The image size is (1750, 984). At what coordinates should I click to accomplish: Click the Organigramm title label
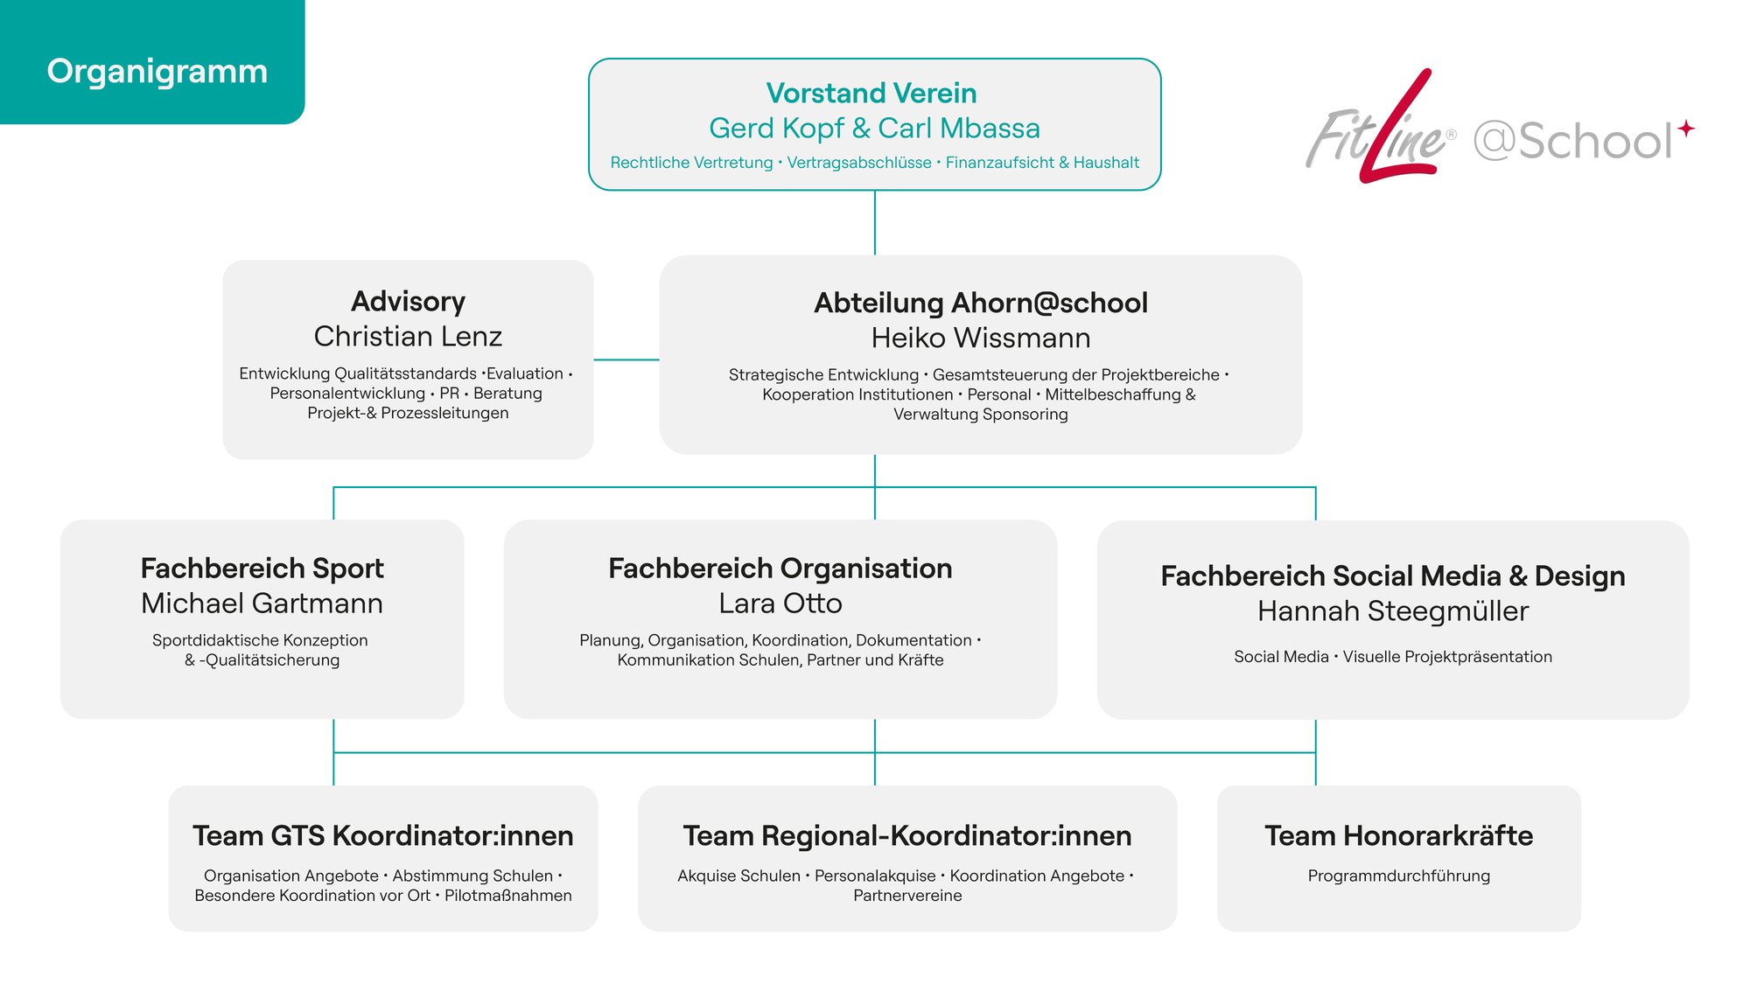click(157, 72)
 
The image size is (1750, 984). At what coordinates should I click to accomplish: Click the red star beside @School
click(1686, 129)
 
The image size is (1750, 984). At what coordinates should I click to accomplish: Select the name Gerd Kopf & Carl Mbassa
click(874, 129)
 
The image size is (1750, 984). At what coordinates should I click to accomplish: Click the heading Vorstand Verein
click(871, 93)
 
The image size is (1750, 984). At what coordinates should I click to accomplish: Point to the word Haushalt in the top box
click(1106, 163)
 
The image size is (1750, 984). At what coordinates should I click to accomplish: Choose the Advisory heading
click(408, 302)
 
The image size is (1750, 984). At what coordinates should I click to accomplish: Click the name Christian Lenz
click(408, 336)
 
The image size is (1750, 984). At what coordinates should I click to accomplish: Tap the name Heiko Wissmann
click(981, 338)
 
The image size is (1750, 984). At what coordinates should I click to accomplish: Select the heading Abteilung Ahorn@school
click(981, 303)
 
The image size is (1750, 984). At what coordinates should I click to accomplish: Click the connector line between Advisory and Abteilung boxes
click(626, 359)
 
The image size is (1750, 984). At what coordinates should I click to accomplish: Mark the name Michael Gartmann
click(262, 604)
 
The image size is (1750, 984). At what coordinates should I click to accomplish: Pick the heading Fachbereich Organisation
click(780, 569)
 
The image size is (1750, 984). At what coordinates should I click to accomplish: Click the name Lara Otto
click(780, 604)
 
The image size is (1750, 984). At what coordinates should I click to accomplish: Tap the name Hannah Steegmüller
click(1393, 611)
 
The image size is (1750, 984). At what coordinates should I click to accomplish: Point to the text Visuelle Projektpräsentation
click(1447, 657)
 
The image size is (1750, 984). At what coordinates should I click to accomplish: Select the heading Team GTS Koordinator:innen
click(383, 836)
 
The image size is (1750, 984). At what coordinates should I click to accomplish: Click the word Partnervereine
click(907, 896)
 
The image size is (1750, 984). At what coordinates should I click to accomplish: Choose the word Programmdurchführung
click(1398, 876)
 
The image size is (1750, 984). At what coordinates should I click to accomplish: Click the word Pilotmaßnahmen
click(508, 896)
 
